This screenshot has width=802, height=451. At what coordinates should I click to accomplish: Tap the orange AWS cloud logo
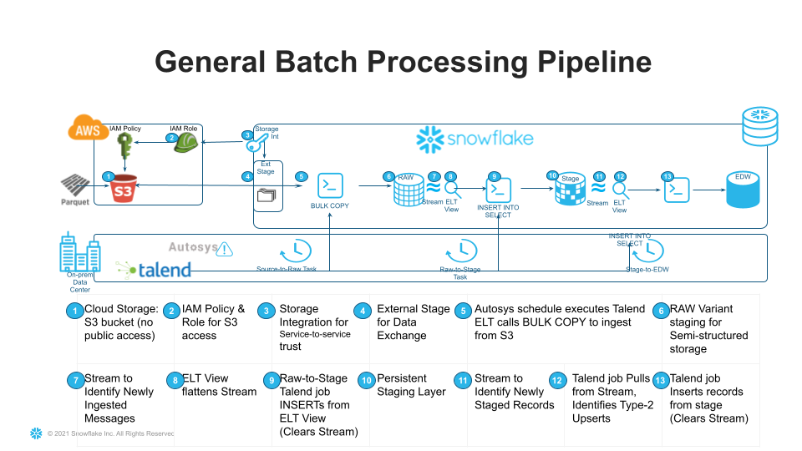(87, 130)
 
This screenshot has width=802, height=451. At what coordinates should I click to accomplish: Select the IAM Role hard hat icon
(186, 142)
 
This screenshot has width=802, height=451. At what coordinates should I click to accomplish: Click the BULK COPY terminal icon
(332, 185)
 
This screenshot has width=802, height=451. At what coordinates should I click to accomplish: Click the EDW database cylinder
(743, 191)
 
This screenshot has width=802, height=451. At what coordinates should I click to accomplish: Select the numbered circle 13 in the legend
(660, 379)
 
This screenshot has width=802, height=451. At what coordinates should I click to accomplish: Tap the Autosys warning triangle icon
(224, 249)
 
